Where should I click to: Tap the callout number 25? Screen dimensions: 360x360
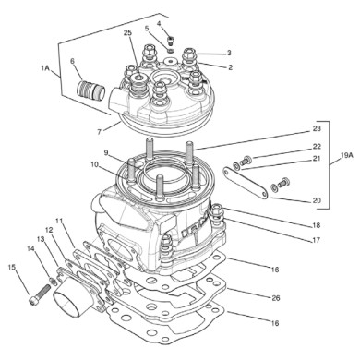[x=127, y=33]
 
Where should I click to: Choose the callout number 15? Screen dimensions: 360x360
[x=12, y=268]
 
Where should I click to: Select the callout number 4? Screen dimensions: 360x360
[x=158, y=22]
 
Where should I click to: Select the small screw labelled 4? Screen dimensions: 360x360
[x=173, y=40]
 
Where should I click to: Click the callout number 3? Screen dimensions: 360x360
[x=229, y=53]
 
